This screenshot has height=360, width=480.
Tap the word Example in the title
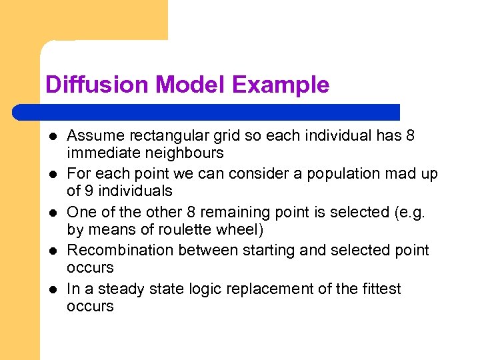coord(281,85)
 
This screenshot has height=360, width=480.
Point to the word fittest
coord(377,289)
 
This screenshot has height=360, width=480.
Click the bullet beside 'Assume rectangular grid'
coord(51,137)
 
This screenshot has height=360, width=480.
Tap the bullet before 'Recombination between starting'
coord(51,251)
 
